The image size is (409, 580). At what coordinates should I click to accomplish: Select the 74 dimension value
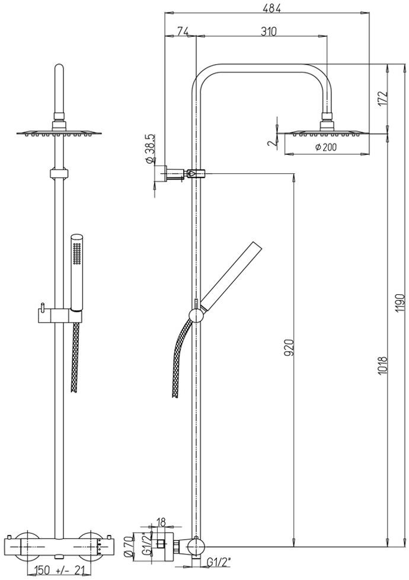(181, 31)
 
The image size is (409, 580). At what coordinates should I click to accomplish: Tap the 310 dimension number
(269, 31)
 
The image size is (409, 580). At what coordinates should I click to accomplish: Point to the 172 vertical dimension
(383, 99)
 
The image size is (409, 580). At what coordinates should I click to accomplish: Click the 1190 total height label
(399, 302)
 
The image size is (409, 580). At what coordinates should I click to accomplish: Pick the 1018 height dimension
(383, 365)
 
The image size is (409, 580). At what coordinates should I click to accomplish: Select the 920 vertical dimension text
(289, 348)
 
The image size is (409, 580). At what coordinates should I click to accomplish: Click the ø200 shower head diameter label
(326, 147)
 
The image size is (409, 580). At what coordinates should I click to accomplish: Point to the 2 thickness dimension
(271, 143)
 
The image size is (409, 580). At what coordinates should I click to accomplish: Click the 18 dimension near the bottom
(161, 522)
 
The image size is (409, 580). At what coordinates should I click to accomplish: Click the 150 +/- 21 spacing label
(59, 571)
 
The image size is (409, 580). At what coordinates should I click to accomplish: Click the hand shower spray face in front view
(76, 253)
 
